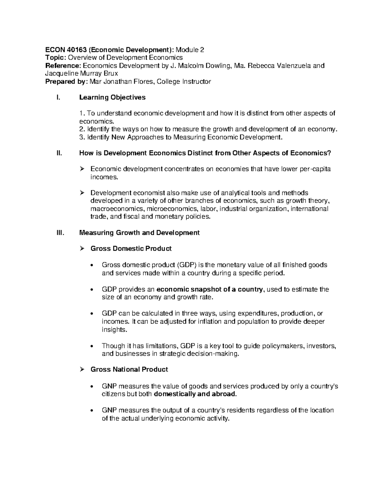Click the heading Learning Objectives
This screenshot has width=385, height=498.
(x=112, y=97)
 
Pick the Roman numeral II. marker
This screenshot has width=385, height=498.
(x=59, y=153)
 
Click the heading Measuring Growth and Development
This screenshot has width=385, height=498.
(x=139, y=232)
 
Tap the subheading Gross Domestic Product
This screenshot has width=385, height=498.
(x=131, y=249)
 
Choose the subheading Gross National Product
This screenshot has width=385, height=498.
(x=129, y=369)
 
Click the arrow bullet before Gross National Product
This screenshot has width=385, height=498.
(x=82, y=370)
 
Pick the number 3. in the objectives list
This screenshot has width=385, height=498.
(x=82, y=137)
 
